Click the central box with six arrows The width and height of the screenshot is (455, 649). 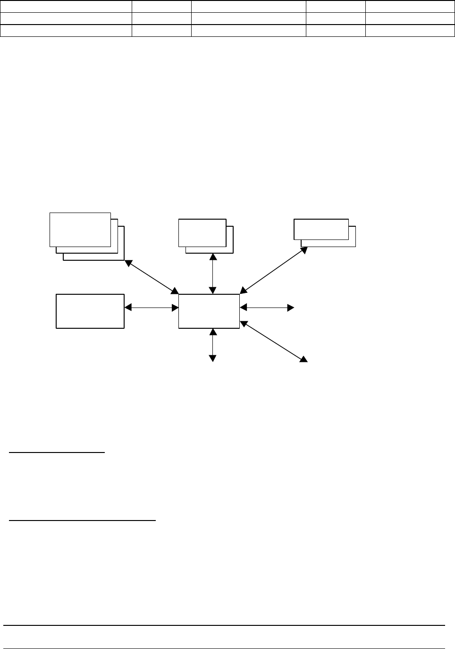(209, 311)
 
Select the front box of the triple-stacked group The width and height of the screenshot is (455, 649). (80, 230)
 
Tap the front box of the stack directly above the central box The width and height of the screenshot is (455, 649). (202, 232)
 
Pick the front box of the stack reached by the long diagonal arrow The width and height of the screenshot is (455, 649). (321, 229)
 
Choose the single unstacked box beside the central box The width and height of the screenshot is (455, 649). (90, 311)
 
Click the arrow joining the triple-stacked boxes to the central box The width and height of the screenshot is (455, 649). (152, 277)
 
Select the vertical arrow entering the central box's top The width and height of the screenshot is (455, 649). (213, 274)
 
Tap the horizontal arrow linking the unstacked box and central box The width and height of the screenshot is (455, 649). (152, 308)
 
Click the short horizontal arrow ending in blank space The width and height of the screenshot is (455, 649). (267, 308)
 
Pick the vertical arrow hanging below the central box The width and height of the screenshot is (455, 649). (213, 345)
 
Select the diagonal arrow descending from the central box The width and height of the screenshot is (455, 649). (274, 342)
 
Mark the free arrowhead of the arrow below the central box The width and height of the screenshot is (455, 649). (213, 359)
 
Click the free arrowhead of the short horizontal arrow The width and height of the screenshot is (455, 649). (291, 308)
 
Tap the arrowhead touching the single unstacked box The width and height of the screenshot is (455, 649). (128, 308)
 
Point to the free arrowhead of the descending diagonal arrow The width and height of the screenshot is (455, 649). (303, 359)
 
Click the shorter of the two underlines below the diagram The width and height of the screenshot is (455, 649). (57, 453)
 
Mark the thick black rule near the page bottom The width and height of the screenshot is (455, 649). (224, 626)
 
